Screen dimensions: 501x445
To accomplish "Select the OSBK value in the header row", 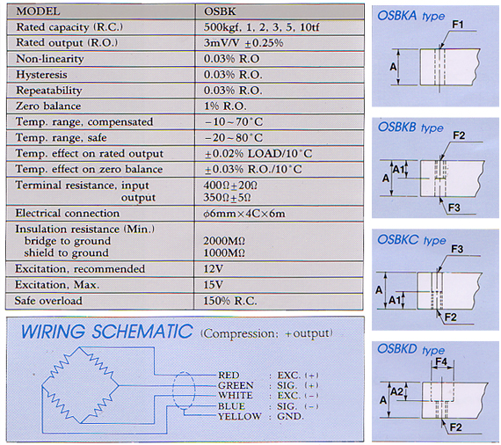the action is (220, 11).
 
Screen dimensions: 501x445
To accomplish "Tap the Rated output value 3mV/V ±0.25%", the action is (243, 43).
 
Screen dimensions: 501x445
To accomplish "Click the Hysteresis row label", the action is (41, 75).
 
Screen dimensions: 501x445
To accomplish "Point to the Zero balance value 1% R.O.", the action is (225, 106).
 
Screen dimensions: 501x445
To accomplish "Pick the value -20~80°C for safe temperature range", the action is (233, 137).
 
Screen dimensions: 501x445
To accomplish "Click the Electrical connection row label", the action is (68, 213).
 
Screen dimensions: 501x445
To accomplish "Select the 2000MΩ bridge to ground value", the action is (224, 241).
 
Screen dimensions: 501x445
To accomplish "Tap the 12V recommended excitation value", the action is (213, 269).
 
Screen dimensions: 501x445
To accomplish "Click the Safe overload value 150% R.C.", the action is (230, 301).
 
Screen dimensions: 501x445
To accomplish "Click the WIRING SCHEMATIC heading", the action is (107, 332).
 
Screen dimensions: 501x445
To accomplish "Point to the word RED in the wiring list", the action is (229, 375).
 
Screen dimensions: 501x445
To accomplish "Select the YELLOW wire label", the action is (240, 417).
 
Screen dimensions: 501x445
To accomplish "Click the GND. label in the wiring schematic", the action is (290, 417).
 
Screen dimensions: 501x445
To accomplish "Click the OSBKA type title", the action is (410, 16).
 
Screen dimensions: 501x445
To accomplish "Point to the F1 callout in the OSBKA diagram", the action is (458, 25).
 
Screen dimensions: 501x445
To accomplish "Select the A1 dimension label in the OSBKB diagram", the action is (398, 169).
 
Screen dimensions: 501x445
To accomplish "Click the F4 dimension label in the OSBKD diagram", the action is (441, 361).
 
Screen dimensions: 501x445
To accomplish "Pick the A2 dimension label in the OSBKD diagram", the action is (396, 391).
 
